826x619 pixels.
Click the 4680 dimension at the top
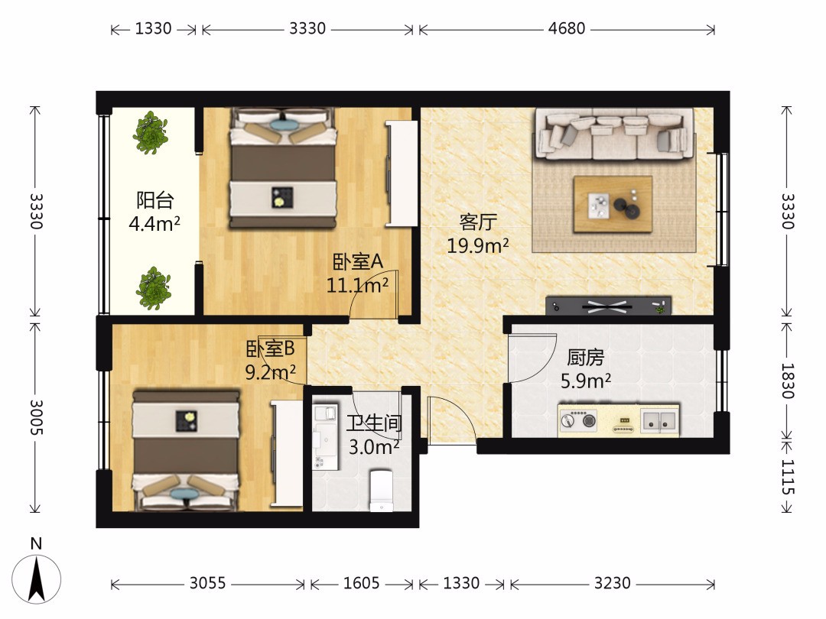tap(566, 28)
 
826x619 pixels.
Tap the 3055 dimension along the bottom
tap(207, 583)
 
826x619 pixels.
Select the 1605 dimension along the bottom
tap(361, 583)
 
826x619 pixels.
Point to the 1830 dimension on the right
tap(787, 381)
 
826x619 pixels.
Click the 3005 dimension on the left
tap(36, 417)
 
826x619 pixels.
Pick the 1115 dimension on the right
tap(787, 477)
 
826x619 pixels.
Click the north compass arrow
tap(37, 579)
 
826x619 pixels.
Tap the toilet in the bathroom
tap(382, 490)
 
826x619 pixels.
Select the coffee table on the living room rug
tap(613, 204)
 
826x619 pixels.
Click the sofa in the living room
tap(615, 134)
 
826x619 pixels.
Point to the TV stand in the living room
tap(609, 305)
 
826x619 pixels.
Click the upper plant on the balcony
tap(151, 133)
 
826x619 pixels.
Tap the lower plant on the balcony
tap(153, 288)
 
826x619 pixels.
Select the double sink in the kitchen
tap(660, 420)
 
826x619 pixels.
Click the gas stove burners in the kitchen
tap(578, 420)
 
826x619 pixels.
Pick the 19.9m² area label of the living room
tap(478, 245)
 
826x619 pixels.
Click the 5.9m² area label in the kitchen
tap(586, 381)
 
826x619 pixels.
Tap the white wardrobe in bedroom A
tap(402, 173)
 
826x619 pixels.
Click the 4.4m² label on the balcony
tap(154, 224)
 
